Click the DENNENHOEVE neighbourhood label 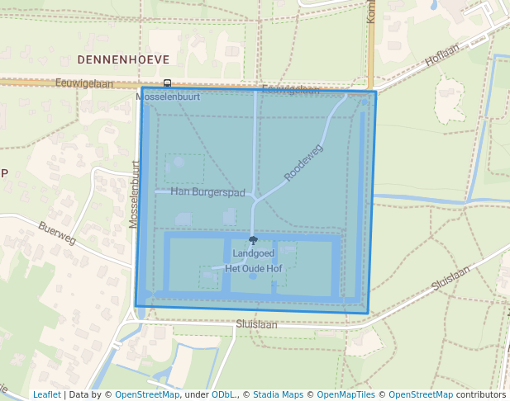123,60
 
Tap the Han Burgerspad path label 208,192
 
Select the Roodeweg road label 303,163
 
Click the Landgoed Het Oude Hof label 253,261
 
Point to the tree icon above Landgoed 253,240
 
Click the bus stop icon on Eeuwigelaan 167,83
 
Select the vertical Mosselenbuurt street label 134,194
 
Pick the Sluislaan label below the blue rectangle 256,325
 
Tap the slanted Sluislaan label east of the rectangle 450,278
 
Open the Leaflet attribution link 46,394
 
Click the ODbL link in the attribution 223,394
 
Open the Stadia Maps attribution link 278,394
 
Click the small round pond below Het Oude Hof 253,276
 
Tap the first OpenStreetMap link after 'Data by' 147,394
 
